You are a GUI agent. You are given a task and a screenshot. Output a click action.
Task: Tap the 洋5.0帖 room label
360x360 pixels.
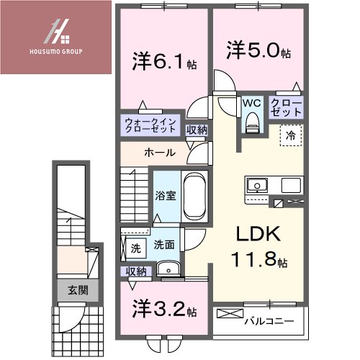click(x=260, y=53)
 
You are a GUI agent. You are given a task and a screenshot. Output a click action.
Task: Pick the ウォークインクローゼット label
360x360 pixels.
click(x=150, y=127)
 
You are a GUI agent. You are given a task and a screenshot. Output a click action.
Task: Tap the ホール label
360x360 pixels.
click(x=157, y=153)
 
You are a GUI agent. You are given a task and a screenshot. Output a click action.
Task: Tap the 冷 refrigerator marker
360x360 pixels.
click(x=291, y=135)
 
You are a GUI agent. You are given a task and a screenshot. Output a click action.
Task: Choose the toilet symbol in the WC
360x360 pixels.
click(x=251, y=125)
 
